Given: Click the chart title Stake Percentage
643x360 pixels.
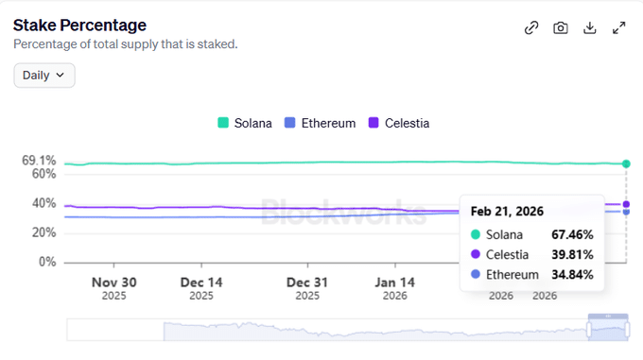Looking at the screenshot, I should [79, 25].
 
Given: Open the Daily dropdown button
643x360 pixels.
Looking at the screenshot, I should [44, 75].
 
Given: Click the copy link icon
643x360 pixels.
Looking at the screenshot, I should [531, 27].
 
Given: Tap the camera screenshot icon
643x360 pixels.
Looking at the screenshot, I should [561, 27].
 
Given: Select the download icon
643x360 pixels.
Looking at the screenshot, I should [590, 27].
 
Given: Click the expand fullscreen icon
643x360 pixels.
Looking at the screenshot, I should [619, 27].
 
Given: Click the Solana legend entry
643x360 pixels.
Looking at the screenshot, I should [245, 123].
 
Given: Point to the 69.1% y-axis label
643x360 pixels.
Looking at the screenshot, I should [39, 161].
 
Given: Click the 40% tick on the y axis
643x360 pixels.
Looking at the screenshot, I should [43, 203].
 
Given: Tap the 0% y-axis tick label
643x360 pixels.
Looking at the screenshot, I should [47, 262].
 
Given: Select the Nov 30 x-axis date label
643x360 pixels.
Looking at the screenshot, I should [113, 282].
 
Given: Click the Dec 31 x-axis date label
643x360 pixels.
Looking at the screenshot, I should [307, 282].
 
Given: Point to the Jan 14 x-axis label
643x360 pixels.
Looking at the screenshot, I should [394, 282].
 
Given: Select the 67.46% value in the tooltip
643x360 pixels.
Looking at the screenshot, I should [572, 233].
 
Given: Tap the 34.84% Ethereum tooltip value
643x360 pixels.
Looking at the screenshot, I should [572, 274].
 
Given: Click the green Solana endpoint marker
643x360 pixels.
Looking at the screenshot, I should [626, 163].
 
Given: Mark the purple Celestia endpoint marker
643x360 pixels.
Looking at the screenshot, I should [626, 204].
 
